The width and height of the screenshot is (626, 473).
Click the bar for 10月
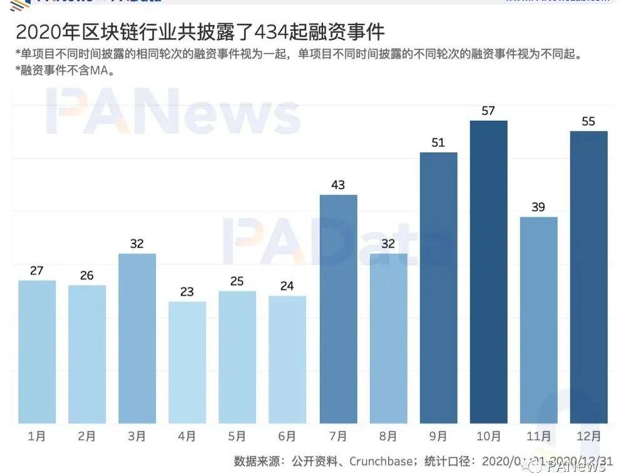coord(488,272)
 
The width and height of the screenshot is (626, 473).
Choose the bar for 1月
coord(37,351)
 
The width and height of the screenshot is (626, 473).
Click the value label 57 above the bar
coord(488,111)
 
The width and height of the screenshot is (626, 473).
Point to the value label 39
coord(538,207)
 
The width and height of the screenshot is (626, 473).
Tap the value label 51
coord(438,143)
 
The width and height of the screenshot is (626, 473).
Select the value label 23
coord(187,292)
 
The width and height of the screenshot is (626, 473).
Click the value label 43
coord(338,185)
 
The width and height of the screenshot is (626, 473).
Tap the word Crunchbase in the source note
coord(379,462)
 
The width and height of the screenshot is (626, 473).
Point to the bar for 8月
coord(388,338)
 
